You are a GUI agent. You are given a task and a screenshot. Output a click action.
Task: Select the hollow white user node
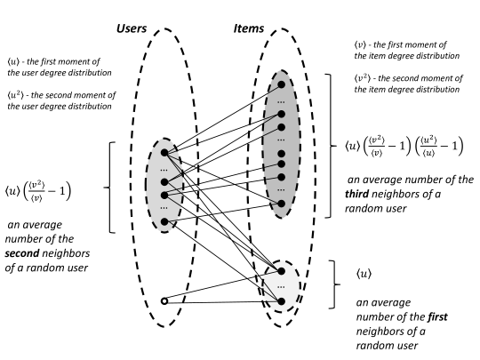(x=164, y=300)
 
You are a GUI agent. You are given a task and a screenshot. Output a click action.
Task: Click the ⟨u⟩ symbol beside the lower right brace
(x=365, y=277)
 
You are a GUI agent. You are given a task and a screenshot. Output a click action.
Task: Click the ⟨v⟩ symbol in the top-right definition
(x=359, y=46)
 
